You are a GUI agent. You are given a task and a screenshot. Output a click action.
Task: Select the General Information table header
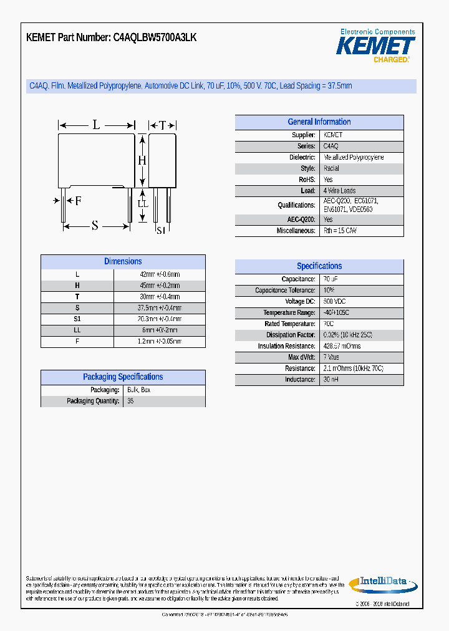pyautogui.click(x=319, y=122)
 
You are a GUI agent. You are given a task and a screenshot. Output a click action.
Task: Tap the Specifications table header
pyautogui.click(x=319, y=266)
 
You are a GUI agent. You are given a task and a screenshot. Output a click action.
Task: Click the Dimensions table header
pyautogui.click(x=123, y=262)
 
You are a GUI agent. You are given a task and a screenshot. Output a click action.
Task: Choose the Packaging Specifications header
pyautogui.click(x=123, y=377)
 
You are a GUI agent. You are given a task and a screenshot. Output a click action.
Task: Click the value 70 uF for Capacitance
pyautogui.click(x=331, y=279)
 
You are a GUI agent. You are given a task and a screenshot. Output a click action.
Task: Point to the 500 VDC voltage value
pyautogui.click(x=334, y=302)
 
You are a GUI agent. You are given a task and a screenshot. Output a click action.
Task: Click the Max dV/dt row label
pyautogui.click(x=302, y=357)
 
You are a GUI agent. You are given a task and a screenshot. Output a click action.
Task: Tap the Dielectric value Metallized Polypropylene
pyautogui.click(x=354, y=158)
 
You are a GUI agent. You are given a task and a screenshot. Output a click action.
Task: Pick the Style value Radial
pyautogui.click(x=331, y=168)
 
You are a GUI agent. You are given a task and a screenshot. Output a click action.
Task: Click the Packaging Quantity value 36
pyautogui.click(x=130, y=401)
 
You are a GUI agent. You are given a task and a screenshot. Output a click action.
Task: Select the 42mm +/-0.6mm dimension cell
pyautogui.click(x=160, y=274)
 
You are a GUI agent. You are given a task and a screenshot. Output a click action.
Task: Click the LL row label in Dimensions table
pyautogui.click(x=77, y=330)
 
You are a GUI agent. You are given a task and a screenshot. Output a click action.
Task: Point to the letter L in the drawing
pyautogui.click(x=96, y=125)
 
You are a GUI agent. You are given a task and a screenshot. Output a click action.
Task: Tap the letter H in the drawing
pyautogui.click(x=142, y=161)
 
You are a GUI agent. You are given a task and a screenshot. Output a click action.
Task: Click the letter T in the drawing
pyautogui.click(x=162, y=125)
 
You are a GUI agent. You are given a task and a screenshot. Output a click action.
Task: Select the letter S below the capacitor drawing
pyautogui.click(x=95, y=226)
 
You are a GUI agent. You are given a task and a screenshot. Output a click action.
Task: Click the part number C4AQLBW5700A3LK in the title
pyautogui.click(x=155, y=37)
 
